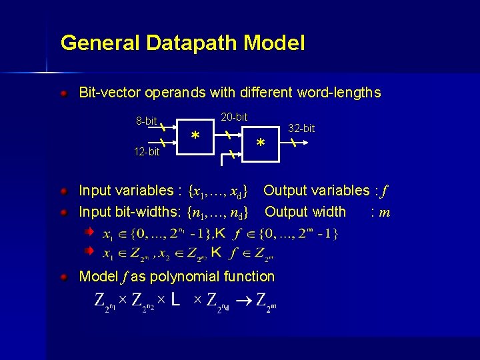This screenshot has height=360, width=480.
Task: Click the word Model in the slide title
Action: click(274, 43)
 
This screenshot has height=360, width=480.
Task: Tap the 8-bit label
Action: click(146, 121)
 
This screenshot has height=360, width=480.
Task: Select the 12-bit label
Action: click(147, 152)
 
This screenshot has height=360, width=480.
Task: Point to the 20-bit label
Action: click(234, 117)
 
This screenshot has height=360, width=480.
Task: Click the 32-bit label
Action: click(301, 128)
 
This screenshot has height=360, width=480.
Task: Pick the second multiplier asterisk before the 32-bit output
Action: click(261, 144)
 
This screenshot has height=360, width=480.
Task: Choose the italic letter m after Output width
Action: click(385, 213)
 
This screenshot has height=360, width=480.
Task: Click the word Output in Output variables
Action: click(285, 191)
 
